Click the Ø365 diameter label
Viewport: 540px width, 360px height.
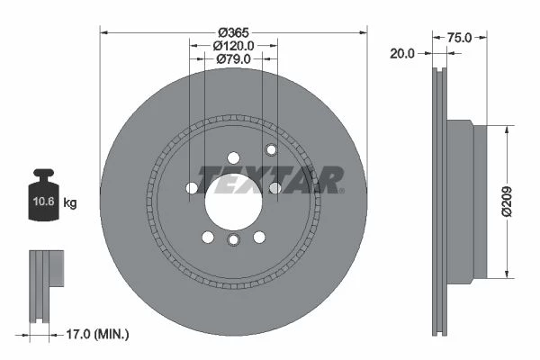[233, 32]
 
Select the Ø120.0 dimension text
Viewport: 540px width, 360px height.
[233, 46]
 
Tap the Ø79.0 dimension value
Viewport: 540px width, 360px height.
[233, 58]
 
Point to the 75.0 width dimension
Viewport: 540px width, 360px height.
[459, 38]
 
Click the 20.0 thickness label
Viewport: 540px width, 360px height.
[402, 53]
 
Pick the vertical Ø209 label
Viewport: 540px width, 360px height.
[507, 202]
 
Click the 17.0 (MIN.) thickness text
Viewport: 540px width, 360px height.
[97, 334]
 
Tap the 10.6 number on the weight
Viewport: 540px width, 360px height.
[43, 202]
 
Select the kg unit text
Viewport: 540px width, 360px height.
[70, 202]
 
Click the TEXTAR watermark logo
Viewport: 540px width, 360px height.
[270, 180]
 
